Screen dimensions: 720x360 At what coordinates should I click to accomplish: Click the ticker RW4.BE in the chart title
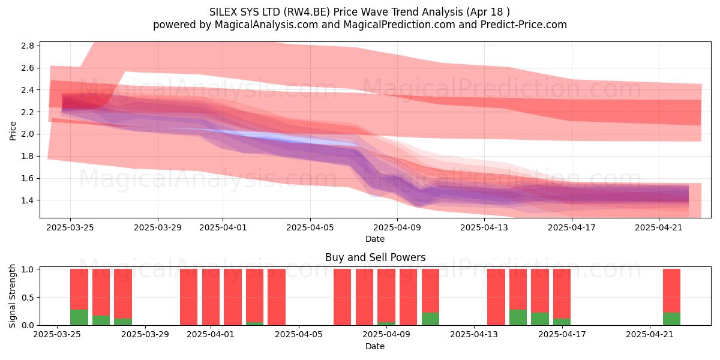307,12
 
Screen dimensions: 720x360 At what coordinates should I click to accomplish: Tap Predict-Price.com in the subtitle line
524,25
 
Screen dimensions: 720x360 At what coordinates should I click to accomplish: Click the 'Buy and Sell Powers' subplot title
375,257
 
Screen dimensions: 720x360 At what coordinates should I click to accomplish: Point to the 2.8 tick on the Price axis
28,46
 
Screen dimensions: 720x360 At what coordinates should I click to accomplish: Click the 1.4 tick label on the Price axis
28,200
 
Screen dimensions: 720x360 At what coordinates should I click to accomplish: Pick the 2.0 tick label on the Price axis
28,134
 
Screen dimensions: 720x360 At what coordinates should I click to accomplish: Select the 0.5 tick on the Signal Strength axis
28,298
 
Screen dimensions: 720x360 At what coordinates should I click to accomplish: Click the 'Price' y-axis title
13,131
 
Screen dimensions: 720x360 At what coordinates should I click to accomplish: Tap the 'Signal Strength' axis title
12,296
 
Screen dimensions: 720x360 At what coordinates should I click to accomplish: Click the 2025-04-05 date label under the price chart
310,227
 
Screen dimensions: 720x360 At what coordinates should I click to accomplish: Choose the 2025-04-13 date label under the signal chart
474,335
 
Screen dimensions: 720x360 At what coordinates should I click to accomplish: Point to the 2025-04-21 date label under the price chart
659,227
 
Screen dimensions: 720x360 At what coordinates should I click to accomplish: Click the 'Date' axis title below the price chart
375,239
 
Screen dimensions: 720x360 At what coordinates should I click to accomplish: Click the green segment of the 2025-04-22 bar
671,319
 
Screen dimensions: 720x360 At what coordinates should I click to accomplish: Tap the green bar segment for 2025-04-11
430,319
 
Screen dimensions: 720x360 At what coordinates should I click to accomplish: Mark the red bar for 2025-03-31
188,297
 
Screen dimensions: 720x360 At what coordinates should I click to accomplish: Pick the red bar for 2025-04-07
343,297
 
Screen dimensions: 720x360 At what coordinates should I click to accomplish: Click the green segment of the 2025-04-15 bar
518,317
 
